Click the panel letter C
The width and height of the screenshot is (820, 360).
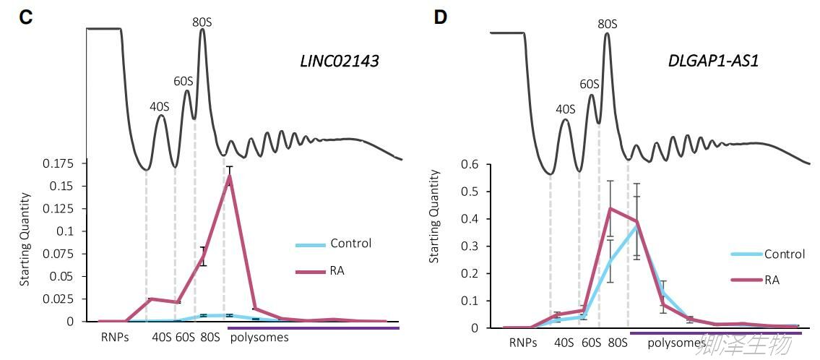pos(26,17)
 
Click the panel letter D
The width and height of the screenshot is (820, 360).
pos(440,17)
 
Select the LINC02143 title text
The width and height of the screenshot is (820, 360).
pos(339,61)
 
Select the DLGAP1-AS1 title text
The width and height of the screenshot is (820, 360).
pos(713,61)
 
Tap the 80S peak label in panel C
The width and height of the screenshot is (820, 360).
pos(202,22)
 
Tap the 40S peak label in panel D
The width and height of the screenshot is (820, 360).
pos(565,109)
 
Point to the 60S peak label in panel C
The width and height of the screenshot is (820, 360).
pos(183,80)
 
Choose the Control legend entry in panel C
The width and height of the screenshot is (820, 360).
pos(350,244)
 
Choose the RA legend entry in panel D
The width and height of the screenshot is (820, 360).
pos(772,280)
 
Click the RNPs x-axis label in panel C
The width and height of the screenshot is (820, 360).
pos(116,337)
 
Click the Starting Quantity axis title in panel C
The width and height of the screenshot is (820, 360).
pos(25,239)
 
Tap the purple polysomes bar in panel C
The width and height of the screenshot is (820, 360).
pos(314,328)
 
